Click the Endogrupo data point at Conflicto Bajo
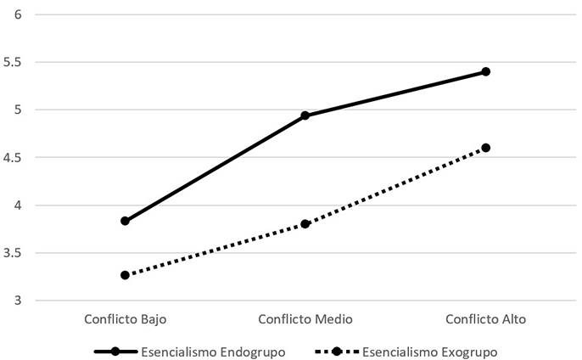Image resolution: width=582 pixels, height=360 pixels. click(x=125, y=221)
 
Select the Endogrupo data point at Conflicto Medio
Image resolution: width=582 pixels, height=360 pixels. click(x=305, y=115)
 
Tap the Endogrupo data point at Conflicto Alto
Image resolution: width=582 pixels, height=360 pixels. click(x=486, y=71)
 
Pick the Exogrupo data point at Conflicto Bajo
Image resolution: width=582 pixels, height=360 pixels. click(x=125, y=275)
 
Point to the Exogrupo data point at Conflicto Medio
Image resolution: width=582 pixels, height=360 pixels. click(x=305, y=224)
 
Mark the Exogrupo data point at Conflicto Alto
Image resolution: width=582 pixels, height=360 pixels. click(x=486, y=148)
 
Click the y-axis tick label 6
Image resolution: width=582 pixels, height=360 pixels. click(x=18, y=14)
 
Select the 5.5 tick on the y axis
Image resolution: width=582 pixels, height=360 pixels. click(x=14, y=62)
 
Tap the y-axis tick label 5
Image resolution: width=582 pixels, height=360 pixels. click(x=18, y=110)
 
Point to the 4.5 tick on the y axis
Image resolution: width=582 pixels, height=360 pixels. click(x=14, y=157)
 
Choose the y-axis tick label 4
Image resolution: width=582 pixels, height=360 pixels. click(x=18, y=205)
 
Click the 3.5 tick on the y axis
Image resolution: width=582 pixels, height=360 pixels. click(x=14, y=253)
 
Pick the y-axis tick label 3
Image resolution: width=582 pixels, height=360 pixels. click(x=18, y=301)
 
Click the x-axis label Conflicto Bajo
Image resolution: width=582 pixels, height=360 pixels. click(x=125, y=319)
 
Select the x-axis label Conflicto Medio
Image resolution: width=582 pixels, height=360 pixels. click(x=305, y=319)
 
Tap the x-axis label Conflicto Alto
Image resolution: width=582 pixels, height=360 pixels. click(x=486, y=319)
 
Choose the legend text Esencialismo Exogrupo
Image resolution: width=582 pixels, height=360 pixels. click(x=429, y=350)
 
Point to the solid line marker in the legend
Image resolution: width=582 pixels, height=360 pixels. click(x=118, y=350)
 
